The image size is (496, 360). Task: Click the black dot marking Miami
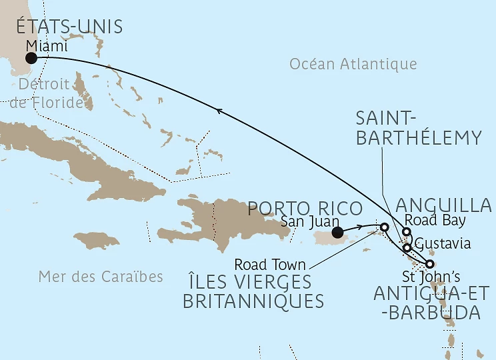point(31,58)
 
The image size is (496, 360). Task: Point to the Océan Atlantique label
point(353,64)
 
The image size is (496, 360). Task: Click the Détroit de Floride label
point(46,94)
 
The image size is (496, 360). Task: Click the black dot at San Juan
point(338,233)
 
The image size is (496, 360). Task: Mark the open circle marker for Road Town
point(384,227)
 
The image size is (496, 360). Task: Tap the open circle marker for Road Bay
point(407,232)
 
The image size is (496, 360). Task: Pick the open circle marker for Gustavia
point(407,247)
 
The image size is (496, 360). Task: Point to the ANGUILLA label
point(443,205)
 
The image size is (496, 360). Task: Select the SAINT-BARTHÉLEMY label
point(418,128)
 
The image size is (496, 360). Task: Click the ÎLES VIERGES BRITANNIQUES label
point(253,291)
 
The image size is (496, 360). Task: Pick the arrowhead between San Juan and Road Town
point(361,227)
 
